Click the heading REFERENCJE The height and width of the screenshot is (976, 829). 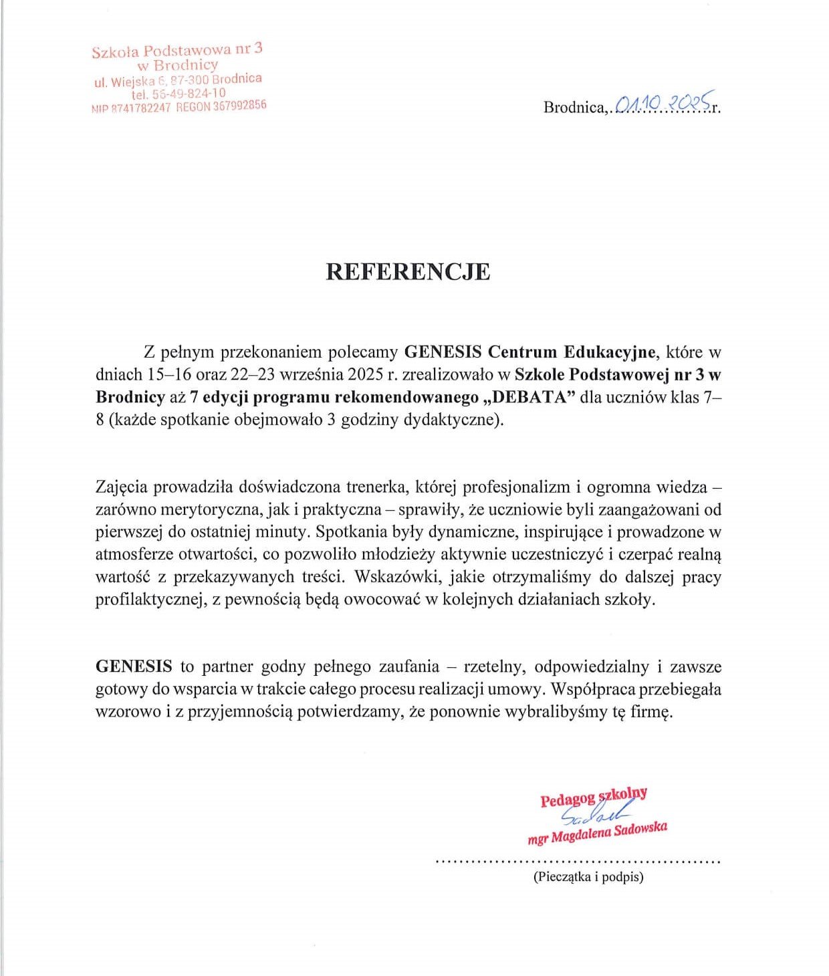[408, 271]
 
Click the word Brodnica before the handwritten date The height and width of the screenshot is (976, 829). [574, 108]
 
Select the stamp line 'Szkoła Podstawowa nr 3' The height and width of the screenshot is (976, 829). [177, 50]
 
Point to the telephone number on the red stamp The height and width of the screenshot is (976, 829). [179, 94]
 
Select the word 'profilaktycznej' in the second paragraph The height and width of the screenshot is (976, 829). [150, 600]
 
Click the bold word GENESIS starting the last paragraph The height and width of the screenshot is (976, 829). [134, 666]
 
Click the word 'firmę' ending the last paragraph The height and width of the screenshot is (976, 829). [648, 712]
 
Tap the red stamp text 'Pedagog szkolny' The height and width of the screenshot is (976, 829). [594, 797]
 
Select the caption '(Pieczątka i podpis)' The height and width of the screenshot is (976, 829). [588, 877]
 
